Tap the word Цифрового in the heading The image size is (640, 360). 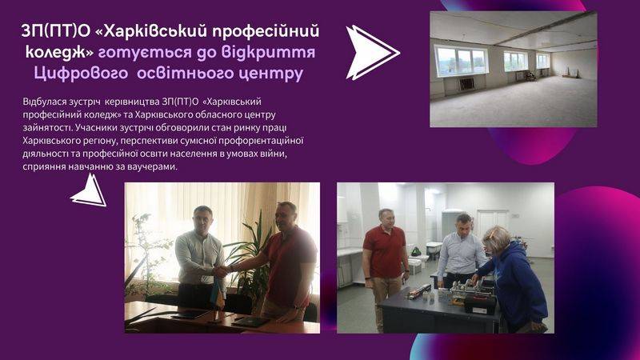(x=81, y=74)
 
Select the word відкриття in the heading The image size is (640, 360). (x=269, y=53)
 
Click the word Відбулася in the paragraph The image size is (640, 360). (x=42, y=102)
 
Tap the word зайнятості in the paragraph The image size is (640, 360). (x=47, y=128)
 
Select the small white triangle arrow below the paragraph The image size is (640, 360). (x=90, y=191)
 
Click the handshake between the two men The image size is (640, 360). (x=222, y=270)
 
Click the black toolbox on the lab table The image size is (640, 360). (x=480, y=304)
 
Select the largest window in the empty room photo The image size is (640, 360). (x=461, y=61)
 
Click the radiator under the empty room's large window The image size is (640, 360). (x=467, y=84)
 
